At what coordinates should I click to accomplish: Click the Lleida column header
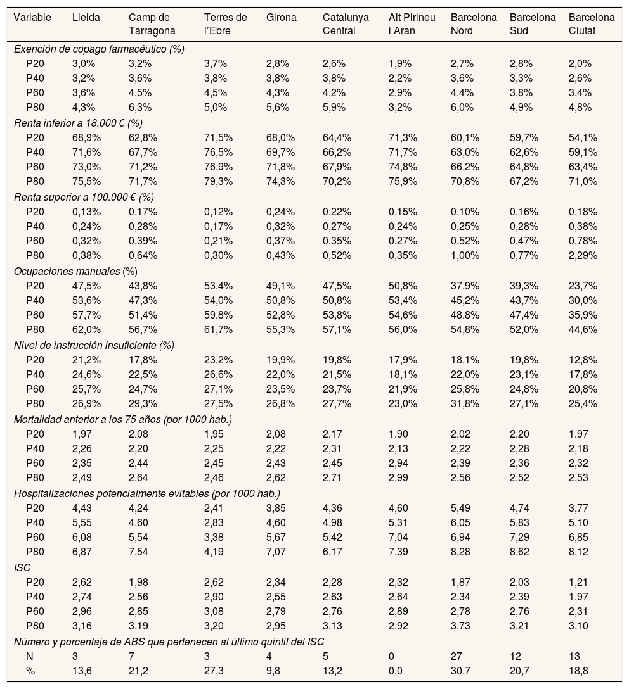coord(86,18)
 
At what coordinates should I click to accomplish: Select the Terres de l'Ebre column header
coord(226,23)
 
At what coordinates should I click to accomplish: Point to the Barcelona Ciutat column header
coord(592,23)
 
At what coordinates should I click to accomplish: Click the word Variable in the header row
coord(32,18)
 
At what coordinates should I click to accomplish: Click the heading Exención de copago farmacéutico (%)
coord(99,49)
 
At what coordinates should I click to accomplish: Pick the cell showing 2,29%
coord(583,256)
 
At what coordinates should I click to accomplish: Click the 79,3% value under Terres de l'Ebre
coord(217,182)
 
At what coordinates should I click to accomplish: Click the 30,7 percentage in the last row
coord(459,672)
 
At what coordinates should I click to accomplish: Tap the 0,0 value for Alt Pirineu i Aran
coord(396,672)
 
